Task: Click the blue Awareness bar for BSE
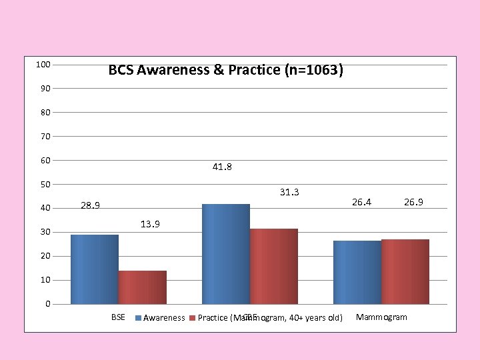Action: point(95,269)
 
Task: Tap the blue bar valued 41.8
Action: point(226,254)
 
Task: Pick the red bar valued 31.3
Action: point(274,267)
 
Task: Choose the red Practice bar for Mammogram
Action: point(405,271)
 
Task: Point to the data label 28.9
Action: point(91,205)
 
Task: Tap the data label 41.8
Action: point(222,167)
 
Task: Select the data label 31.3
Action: point(289,193)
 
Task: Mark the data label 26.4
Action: point(361,201)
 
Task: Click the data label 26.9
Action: point(413,201)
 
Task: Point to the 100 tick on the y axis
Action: point(43,64)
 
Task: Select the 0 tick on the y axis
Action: point(48,304)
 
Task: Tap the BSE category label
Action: point(118,317)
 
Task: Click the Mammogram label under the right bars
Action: point(381,317)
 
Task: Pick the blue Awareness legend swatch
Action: point(139,318)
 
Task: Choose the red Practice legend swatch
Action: point(193,318)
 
